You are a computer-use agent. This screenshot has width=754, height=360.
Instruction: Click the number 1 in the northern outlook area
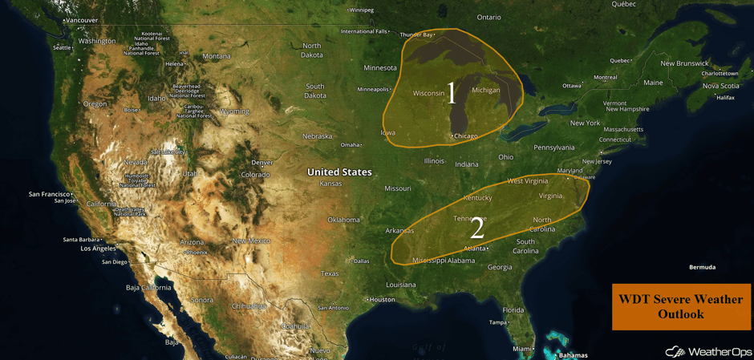pos(451,93)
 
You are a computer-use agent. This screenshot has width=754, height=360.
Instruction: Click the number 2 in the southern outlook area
pos(476,229)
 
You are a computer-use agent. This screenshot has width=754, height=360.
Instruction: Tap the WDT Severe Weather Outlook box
pos(681,306)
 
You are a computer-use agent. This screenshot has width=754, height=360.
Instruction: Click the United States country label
pos(339,172)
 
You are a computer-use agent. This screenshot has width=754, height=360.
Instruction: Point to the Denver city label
pos(261,163)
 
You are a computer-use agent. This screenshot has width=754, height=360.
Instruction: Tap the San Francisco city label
pos(51,194)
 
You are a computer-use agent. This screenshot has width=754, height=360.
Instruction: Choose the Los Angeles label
pos(98,249)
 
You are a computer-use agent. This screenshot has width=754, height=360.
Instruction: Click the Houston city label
pos(382,300)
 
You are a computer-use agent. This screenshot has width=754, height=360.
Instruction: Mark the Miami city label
pos(523,349)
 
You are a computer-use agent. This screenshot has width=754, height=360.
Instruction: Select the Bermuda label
pos(702,267)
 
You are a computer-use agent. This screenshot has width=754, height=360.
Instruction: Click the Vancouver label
pos(81,20)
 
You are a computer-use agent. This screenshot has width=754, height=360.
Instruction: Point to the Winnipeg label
pos(361,10)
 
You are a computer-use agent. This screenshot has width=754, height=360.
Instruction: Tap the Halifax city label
pos(725,98)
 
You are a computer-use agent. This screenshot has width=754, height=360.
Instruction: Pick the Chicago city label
pos(465,136)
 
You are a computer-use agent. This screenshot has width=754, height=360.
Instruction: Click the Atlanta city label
pos(475,249)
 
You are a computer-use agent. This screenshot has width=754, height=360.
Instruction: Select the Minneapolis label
pos(373,89)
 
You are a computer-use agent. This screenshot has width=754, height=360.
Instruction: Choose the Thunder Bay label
pos(416,34)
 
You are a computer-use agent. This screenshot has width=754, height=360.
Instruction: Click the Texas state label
pos(330,273)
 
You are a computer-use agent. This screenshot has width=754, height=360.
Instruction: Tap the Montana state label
pos(217,56)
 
